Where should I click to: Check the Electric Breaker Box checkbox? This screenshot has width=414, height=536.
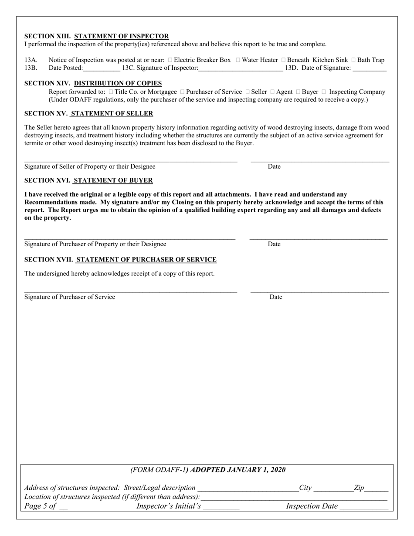(x=170, y=60)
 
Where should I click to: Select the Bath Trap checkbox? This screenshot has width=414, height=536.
(x=353, y=60)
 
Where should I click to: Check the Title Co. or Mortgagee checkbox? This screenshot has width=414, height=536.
(x=111, y=92)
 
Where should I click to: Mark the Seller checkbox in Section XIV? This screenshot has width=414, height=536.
(x=248, y=92)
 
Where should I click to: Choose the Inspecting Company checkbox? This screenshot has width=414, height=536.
(x=324, y=92)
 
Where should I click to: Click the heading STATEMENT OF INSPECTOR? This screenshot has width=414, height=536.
(x=122, y=36)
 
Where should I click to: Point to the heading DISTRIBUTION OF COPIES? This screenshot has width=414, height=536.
(x=118, y=83)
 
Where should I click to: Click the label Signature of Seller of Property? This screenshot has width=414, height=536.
(x=90, y=166)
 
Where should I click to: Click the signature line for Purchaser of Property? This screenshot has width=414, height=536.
(x=130, y=238)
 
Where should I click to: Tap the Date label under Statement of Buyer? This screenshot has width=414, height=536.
(x=274, y=244)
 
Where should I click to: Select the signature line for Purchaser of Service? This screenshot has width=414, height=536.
(x=131, y=292)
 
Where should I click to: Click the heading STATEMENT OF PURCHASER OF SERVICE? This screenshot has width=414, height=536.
(x=146, y=260)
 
